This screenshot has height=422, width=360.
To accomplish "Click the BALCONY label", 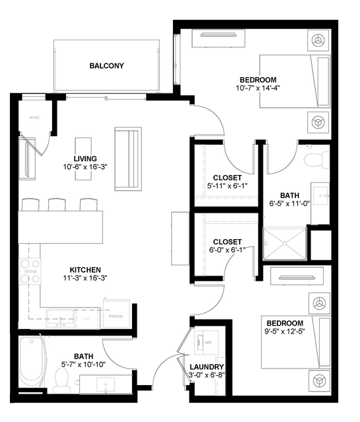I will pos(106,66).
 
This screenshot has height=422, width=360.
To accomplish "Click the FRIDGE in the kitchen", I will pos(114,316).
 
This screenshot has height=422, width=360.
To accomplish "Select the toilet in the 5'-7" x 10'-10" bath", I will pos(62,378).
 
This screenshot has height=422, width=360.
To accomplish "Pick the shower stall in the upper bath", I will pos(286,244).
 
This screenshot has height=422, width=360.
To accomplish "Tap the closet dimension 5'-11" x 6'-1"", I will pos(226,186).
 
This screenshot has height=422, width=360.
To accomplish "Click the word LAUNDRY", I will pos(207,367).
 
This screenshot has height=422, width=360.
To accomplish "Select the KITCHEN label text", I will pos(85,269).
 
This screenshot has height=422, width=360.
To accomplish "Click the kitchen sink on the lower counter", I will pos(63,318).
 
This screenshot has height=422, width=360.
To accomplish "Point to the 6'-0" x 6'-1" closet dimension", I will pos(227,250).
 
